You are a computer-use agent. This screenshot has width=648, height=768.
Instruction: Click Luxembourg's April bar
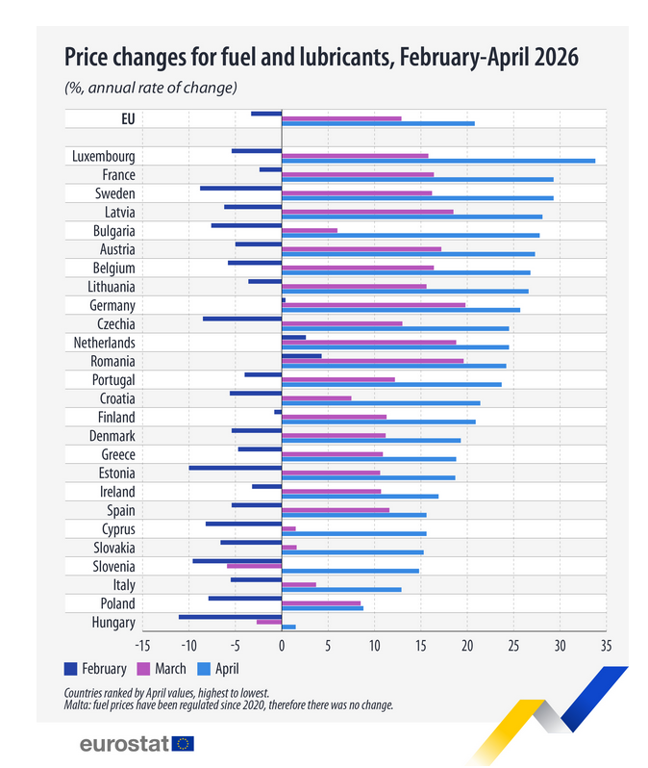click(438, 161)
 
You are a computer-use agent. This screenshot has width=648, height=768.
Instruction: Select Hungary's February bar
click(230, 617)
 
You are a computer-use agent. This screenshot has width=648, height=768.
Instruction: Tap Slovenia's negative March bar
click(254, 566)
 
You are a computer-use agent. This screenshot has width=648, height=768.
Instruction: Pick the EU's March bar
click(341, 118)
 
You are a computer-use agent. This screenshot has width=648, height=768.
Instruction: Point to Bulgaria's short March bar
click(310, 230)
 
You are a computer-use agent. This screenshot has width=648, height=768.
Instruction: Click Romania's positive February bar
click(302, 356)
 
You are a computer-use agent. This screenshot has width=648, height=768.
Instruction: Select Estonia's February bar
click(236, 468)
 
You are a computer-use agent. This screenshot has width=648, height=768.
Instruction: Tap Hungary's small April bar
click(288, 627)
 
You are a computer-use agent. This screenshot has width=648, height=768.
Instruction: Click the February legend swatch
click(70, 669)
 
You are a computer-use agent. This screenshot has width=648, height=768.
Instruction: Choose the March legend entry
click(162, 669)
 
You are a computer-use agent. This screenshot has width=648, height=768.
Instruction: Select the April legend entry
click(218, 669)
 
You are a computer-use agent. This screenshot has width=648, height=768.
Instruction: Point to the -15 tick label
click(142, 646)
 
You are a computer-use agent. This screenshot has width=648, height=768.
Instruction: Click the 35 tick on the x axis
click(606, 646)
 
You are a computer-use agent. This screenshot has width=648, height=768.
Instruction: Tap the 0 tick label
click(282, 646)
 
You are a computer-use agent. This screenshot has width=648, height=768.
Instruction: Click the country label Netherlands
click(104, 343)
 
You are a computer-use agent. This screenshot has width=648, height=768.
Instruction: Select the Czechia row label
click(116, 324)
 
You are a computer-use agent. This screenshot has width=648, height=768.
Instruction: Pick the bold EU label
click(128, 119)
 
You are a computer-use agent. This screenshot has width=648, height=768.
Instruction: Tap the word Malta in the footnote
click(73, 705)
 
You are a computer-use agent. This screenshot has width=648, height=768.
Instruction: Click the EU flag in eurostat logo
click(183, 744)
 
